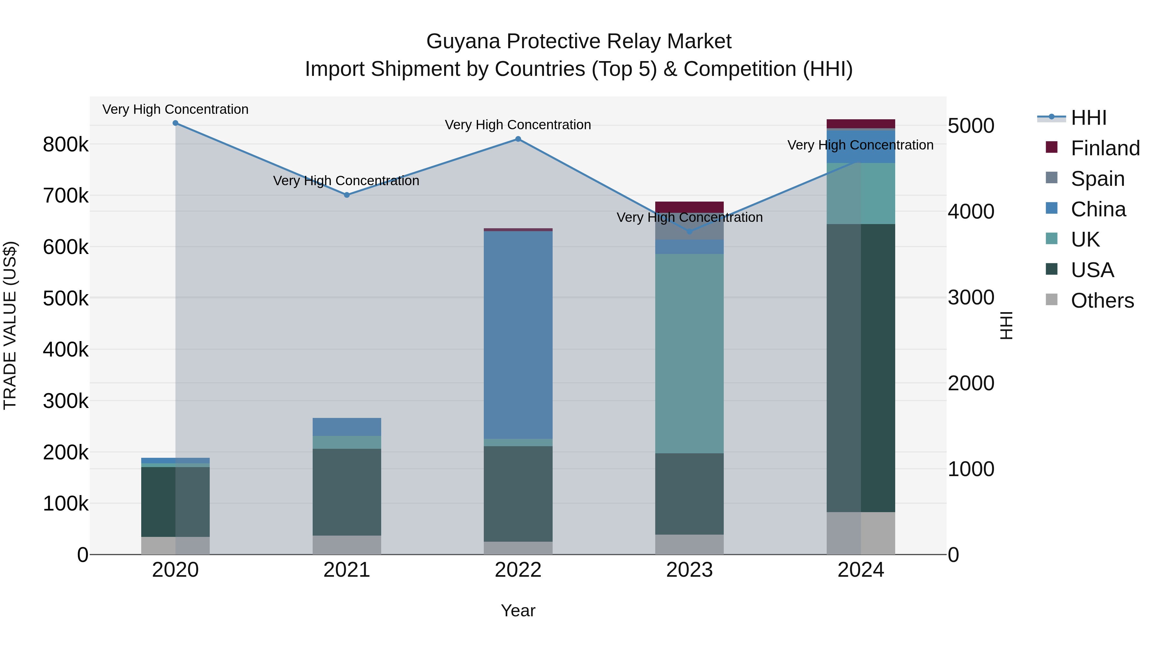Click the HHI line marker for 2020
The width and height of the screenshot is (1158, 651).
coord(175,123)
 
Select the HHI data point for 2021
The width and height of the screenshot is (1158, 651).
coord(346,195)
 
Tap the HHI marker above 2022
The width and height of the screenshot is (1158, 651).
coord(518,139)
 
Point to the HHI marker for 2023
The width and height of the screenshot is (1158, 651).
coord(690,232)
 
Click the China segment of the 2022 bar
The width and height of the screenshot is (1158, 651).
coord(518,335)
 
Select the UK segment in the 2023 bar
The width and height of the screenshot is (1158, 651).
coord(690,354)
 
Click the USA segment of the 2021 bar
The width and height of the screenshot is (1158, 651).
coord(346,492)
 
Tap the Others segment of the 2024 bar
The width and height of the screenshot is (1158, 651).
coord(861,533)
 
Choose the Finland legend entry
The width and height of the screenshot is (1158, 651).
coord(1105,148)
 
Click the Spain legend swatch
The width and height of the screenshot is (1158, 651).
coord(1052,178)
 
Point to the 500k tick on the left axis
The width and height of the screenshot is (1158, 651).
coord(66,298)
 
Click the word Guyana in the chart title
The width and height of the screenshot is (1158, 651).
coord(463,41)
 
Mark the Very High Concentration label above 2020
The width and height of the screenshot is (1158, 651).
coord(175,109)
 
